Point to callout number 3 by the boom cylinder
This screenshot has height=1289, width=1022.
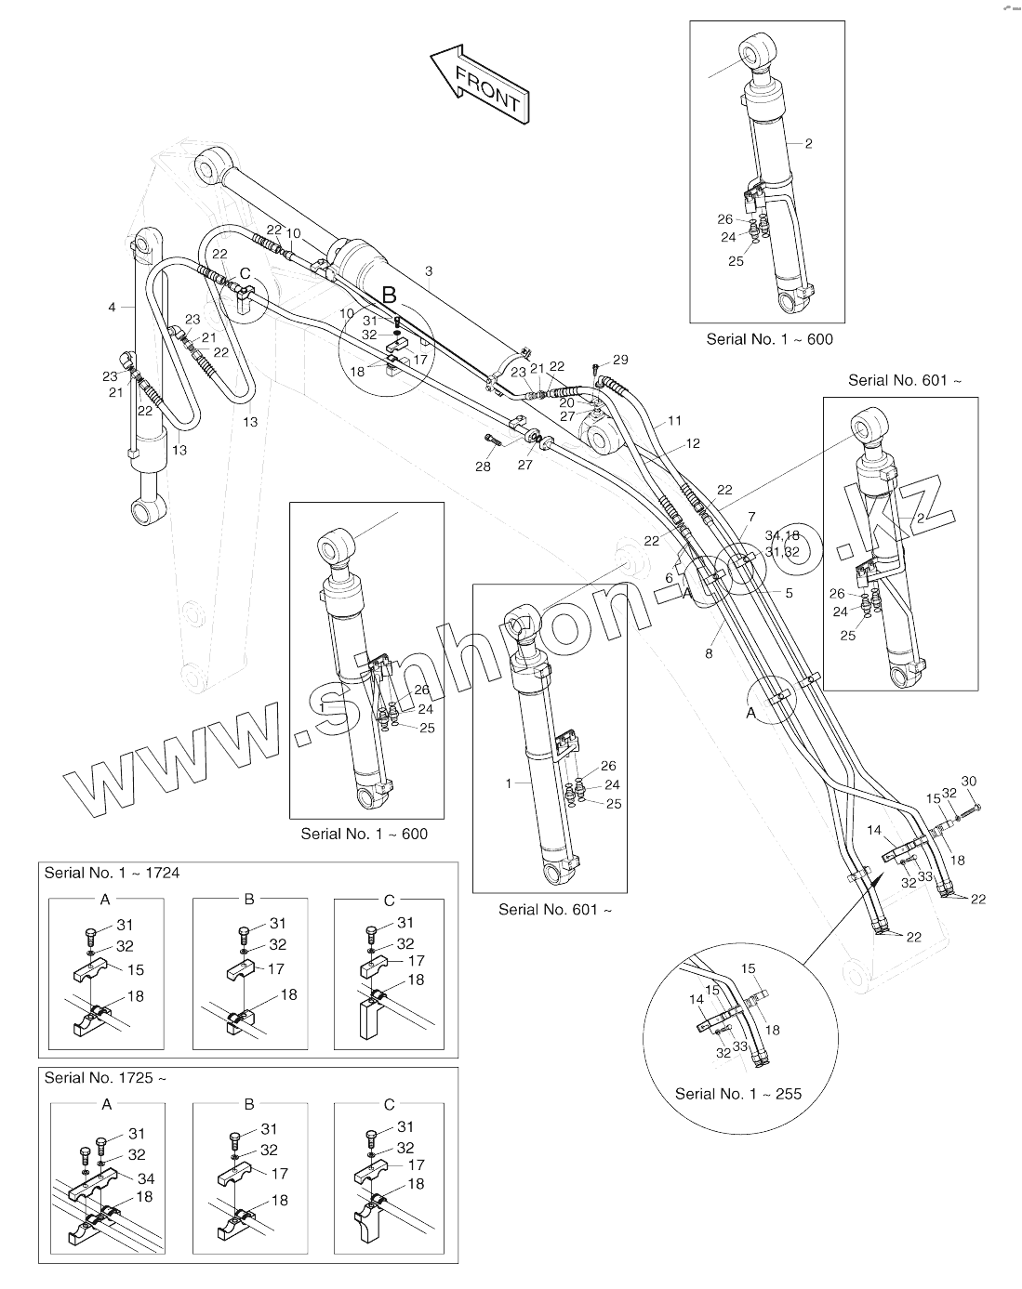point(429,271)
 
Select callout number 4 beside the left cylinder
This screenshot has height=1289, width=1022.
point(112,307)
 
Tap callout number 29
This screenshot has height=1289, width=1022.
point(620,360)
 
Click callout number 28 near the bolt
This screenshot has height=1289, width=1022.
point(483,467)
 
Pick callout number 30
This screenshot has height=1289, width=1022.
point(968,781)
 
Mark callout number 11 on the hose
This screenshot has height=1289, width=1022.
point(675,421)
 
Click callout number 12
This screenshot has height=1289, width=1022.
point(693,443)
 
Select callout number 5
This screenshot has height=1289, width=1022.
point(789,592)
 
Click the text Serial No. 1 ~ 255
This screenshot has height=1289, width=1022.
point(737,1094)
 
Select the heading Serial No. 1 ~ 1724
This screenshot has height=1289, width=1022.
point(113,873)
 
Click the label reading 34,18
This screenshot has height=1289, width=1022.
point(782,535)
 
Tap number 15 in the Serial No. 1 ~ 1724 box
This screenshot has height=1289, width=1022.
point(136,969)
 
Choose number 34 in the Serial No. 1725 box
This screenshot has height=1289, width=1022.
point(145,1178)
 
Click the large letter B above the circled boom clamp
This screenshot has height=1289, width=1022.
point(390,296)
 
